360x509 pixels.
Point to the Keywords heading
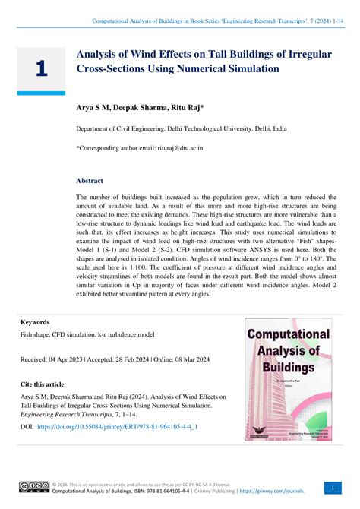point(35,322)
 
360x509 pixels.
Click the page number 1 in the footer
point(333,487)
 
